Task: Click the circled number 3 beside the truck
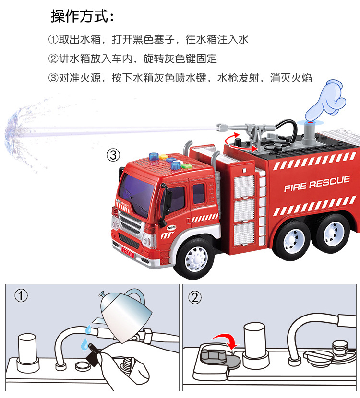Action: pos(112,155)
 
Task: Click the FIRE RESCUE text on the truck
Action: pos(317,183)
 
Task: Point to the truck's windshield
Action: pos(136,192)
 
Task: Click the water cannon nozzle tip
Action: pos(222,128)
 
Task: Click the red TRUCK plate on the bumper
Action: pos(128,251)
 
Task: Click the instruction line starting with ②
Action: pos(132,59)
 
